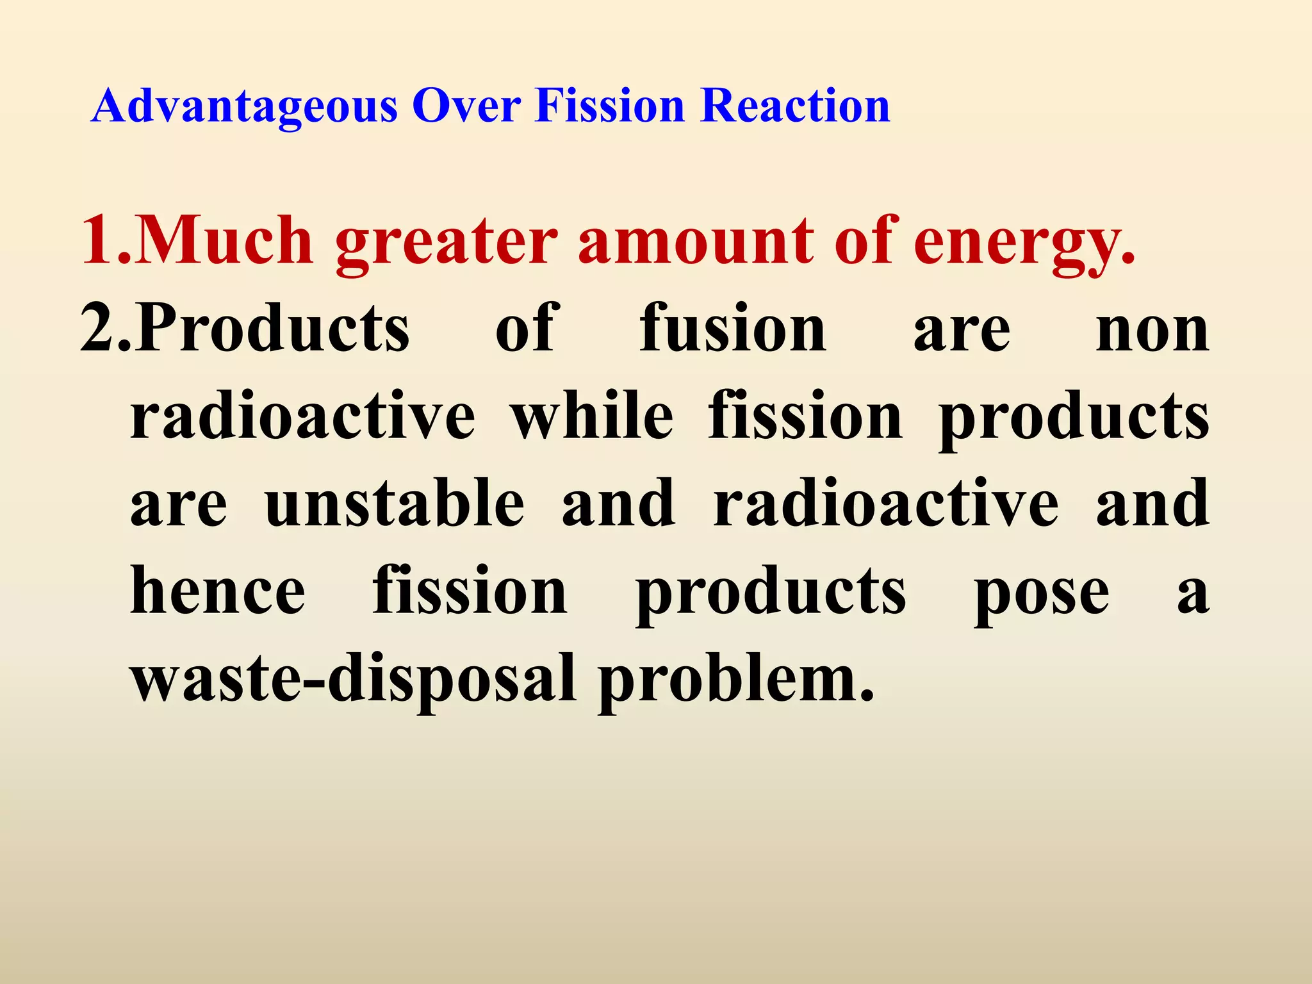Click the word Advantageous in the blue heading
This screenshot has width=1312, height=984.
point(244,106)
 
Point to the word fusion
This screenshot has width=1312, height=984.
point(734,328)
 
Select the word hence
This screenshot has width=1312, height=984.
point(218,591)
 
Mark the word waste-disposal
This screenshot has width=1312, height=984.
point(353,678)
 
